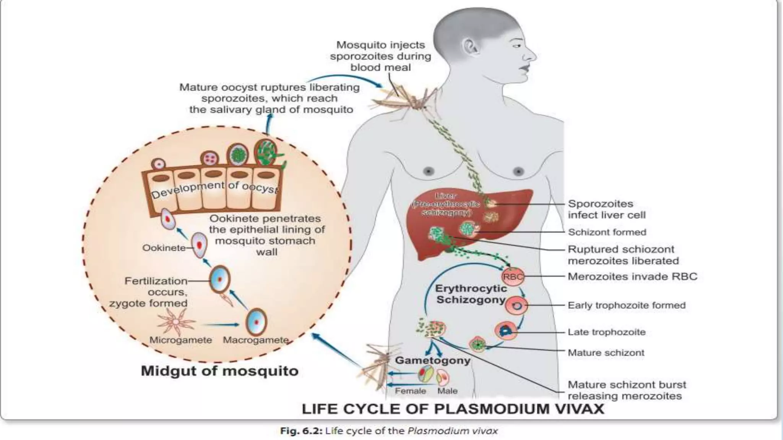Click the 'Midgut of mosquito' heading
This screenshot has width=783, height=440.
(219, 371)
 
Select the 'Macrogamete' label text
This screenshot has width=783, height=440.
(255, 340)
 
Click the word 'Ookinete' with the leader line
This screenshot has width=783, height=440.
(163, 248)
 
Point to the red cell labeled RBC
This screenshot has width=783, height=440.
(513, 277)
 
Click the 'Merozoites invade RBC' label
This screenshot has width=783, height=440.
(632, 277)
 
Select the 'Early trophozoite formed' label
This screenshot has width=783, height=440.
(627, 305)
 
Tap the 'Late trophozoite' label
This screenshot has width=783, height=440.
(606, 332)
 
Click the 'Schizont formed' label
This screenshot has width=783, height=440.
(607, 232)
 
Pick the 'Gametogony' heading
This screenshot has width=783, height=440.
(432, 360)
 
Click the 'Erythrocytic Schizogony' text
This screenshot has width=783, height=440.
(471, 294)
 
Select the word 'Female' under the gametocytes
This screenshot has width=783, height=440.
(410, 391)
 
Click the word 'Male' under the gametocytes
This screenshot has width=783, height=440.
(447, 391)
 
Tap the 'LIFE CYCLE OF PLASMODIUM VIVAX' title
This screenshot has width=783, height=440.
(453, 409)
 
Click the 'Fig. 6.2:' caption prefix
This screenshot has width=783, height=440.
(302, 431)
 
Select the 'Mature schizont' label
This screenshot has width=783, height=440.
(606, 353)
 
